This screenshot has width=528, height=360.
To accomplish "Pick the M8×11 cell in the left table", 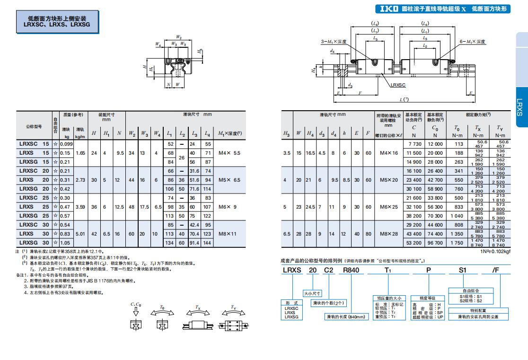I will pyautogui.click(x=227, y=234).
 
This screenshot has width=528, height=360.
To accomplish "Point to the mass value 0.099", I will pyautogui.click(x=66, y=144).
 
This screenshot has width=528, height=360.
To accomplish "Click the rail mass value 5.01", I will pyautogui.click(x=80, y=234).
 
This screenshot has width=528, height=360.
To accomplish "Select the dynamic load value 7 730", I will pyautogui.click(x=414, y=144).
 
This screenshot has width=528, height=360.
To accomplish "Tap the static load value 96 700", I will pyautogui.click(x=435, y=243).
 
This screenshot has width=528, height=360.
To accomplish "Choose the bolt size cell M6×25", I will pyautogui.click(x=388, y=207).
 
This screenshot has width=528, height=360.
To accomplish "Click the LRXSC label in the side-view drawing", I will pyautogui.click(x=398, y=85).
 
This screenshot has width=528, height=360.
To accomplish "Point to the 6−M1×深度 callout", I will pyautogui.click(x=473, y=42).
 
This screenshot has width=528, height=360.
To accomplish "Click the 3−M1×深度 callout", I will pyautogui.click(x=334, y=42).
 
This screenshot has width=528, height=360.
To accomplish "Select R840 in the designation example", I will pyautogui.click(x=351, y=270).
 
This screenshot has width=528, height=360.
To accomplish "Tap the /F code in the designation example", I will pyautogui.click(x=495, y=270).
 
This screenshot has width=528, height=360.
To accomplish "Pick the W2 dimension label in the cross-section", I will pyautogui.click(x=178, y=36).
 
